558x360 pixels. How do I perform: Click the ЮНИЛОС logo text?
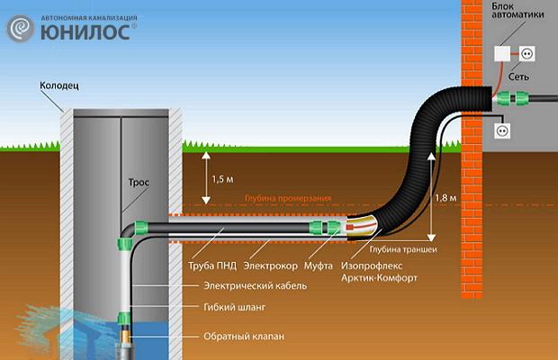point(89,31)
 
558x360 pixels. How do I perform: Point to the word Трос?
point(139,182)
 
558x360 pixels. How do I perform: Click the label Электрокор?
point(269,266)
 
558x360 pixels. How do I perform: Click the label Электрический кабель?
point(255,285)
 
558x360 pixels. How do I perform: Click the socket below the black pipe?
point(502,130)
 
